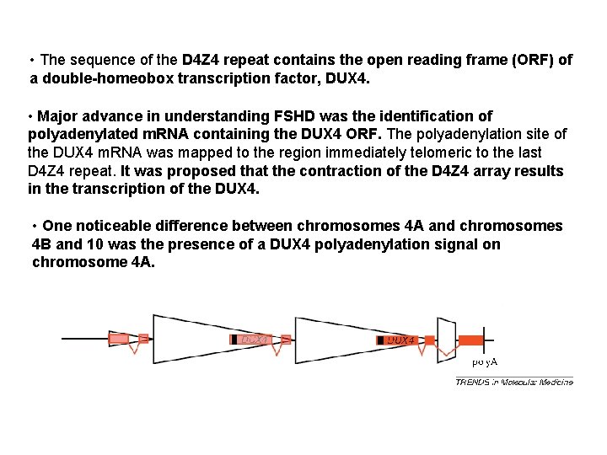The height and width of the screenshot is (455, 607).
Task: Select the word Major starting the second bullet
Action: coord(59,115)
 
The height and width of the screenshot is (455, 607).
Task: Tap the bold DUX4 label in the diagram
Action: coord(401,340)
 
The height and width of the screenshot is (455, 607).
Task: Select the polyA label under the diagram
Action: coord(484,361)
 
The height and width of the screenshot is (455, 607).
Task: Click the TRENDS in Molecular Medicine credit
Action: coord(513,382)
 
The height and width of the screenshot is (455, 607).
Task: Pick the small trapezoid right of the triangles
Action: coord(446,340)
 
